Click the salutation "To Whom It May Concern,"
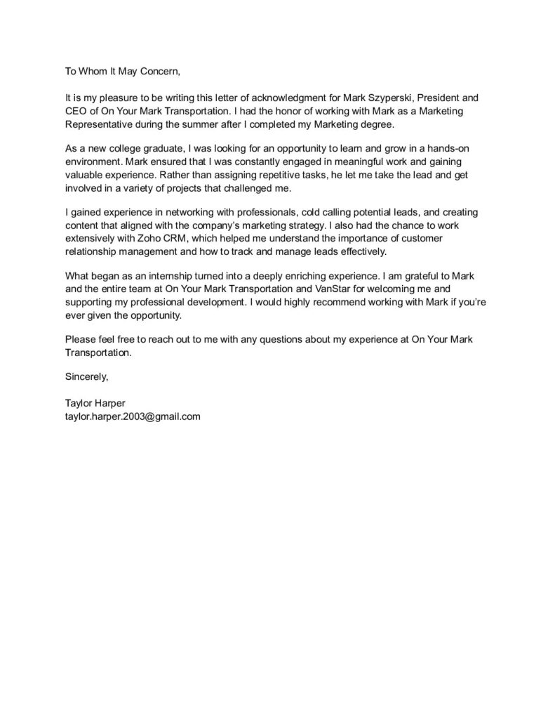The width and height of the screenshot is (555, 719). pyautogui.click(x=122, y=71)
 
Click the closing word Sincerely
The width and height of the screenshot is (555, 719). pyautogui.click(x=86, y=377)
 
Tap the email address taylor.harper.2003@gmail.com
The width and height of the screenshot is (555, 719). pyautogui.click(x=133, y=416)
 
